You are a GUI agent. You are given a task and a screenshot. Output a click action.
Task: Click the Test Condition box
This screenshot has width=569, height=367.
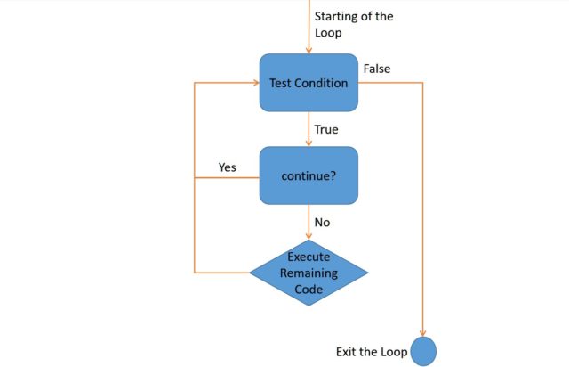point(309,83)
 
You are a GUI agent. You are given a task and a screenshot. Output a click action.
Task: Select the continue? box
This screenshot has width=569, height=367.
point(309,176)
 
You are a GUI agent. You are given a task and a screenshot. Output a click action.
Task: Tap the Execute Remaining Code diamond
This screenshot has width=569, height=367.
point(309,272)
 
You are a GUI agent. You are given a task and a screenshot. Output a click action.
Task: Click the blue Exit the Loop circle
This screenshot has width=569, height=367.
point(423,351)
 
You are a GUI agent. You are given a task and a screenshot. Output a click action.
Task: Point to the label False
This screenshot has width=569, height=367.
point(376,69)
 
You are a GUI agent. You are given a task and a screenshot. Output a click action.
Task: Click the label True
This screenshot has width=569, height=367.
point(326,130)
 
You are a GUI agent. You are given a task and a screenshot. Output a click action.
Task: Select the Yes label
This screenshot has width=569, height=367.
point(228,167)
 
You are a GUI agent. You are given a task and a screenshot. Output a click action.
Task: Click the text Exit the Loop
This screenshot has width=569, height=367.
point(372,352)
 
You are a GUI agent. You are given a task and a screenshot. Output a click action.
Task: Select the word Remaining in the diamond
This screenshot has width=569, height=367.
point(309,273)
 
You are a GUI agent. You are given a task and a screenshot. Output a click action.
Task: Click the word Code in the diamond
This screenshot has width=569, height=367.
point(309,289)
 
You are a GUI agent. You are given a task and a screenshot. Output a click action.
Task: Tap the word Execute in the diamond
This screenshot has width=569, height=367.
point(309,257)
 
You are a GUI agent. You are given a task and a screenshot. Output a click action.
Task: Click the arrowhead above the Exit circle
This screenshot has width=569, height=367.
point(423,330)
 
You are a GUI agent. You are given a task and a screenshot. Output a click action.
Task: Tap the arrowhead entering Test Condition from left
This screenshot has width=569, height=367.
point(254,83)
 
